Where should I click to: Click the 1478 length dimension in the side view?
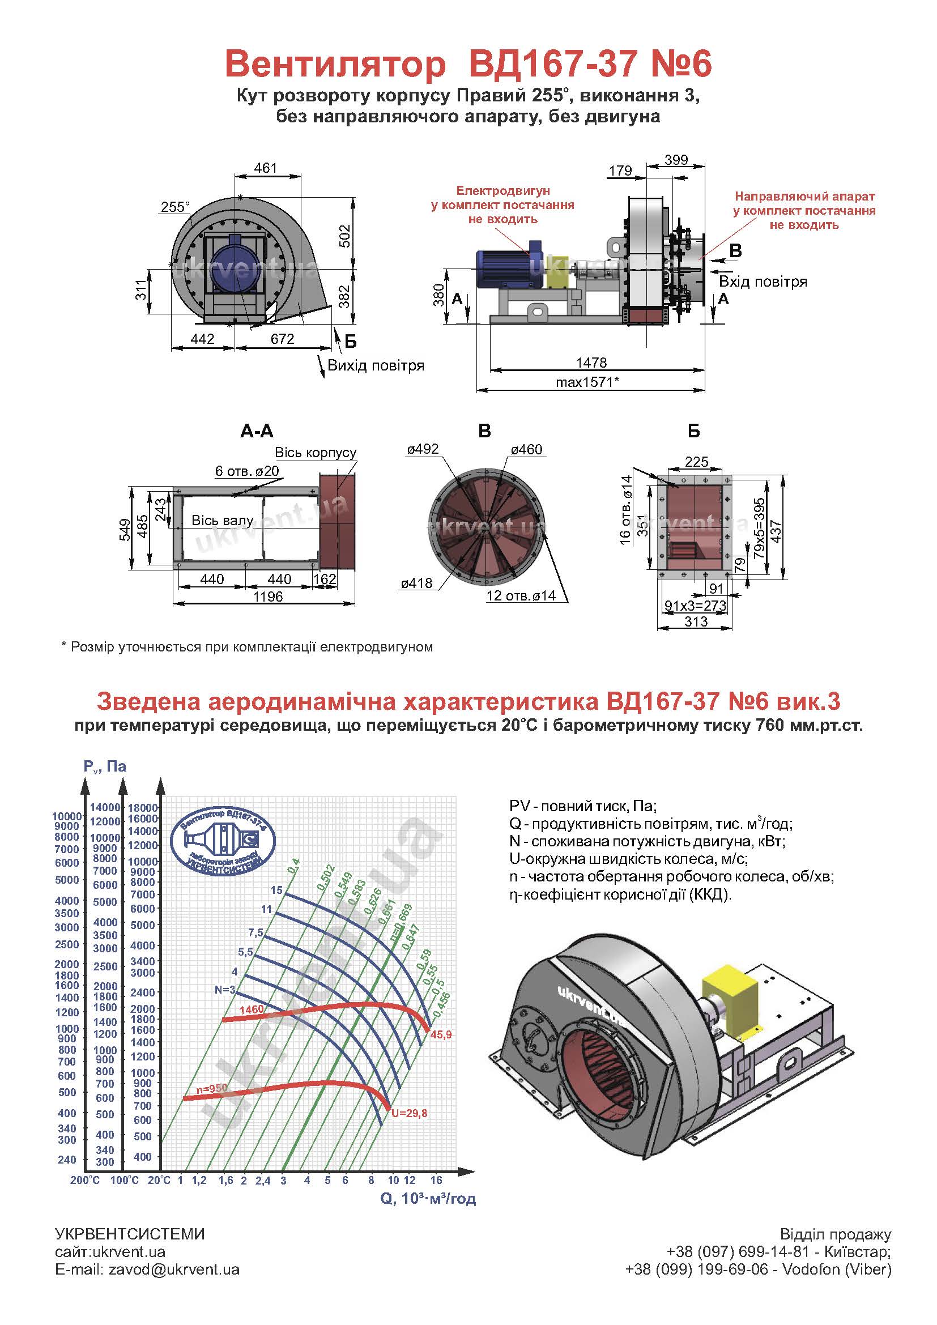(591, 363)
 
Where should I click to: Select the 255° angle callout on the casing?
(176, 207)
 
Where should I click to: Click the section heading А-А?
(256, 431)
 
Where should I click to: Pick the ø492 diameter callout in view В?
(423, 449)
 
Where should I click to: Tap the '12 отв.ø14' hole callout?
(521, 595)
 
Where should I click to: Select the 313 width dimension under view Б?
(696, 621)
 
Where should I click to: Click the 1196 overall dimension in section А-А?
(268, 597)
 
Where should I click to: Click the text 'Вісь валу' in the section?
(222, 521)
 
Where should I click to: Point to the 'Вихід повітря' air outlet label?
(376, 365)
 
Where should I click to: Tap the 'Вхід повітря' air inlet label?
(763, 282)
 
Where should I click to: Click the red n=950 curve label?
(212, 1088)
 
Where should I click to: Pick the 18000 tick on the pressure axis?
(143, 808)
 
